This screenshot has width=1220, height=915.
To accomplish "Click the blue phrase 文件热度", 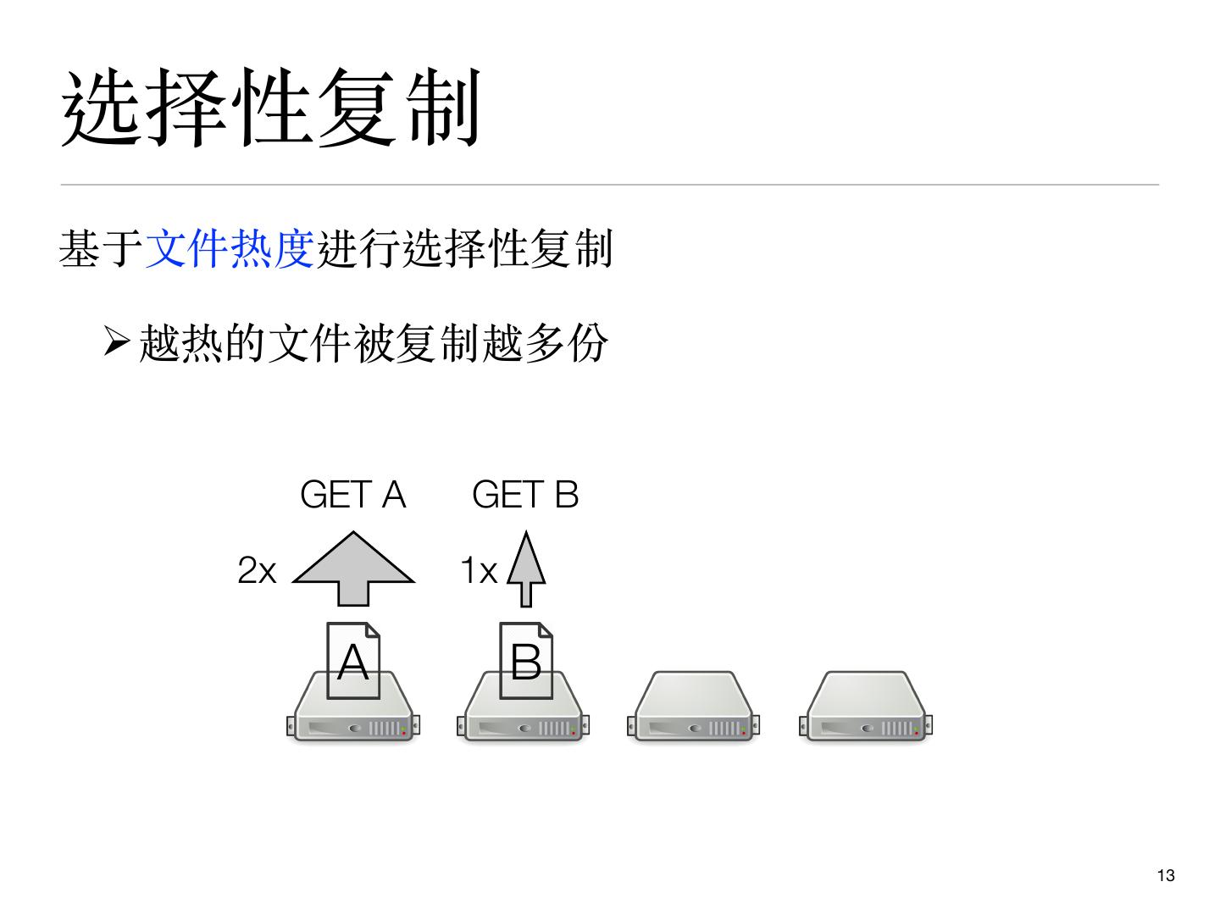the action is (230, 249).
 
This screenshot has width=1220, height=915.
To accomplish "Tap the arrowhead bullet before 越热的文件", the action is (116, 342).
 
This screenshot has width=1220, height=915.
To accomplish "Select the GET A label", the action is (353, 495).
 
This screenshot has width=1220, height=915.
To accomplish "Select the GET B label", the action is (525, 495).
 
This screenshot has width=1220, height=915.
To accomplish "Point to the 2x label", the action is (257, 570).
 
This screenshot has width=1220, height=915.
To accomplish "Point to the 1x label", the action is (479, 570).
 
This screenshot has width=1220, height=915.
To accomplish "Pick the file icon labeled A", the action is (353, 661).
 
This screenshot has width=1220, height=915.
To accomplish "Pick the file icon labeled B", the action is (526, 661).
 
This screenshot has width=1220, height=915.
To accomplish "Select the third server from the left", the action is (694, 708).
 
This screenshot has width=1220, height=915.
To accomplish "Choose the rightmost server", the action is (865, 708).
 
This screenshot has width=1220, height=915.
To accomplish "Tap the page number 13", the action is (1166, 876).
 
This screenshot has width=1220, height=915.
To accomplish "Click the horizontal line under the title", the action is (610, 184).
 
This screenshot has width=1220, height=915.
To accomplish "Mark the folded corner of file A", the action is (372, 629).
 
